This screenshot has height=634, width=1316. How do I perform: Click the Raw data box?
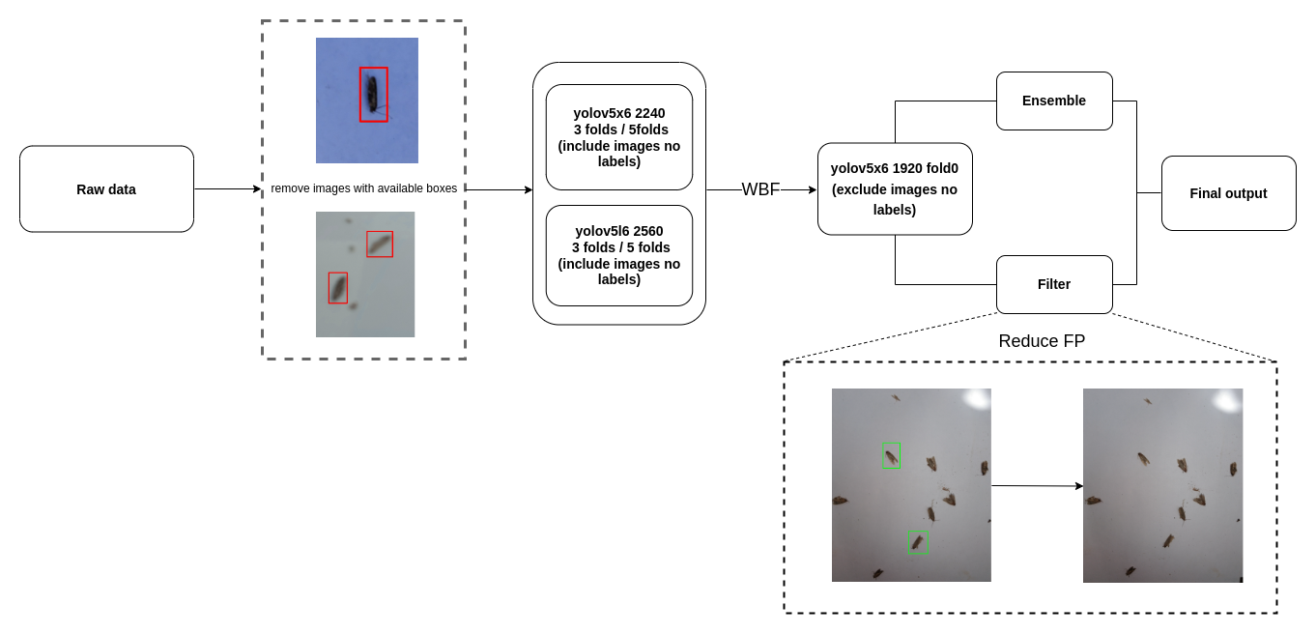pos(106,189)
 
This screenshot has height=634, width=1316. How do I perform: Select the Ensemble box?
pos(1054,101)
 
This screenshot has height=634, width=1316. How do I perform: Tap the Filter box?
pos(1054,284)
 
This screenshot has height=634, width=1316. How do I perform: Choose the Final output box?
pos(1228,193)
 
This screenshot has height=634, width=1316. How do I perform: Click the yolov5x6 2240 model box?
pos(619,137)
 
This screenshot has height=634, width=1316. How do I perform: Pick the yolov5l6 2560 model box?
pos(619,255)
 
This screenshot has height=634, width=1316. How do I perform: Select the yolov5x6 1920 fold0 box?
pos(895,189)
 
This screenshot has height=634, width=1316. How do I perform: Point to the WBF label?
pos(760,189)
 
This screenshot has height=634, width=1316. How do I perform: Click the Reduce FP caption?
pos(1042,341)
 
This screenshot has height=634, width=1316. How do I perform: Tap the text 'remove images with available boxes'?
pos(363,188)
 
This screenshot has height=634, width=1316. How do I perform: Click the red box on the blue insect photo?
pos(374,95)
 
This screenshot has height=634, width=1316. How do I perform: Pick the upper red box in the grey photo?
pos(380,244)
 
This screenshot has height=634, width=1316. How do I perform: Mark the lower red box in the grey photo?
pos(337,287)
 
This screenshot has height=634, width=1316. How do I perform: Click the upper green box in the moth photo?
pos(891,455)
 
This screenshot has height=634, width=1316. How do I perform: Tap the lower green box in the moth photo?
pos(918,542)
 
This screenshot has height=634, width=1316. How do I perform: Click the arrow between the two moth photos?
pos(1036,485)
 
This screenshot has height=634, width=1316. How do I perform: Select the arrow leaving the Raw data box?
pos(227,189)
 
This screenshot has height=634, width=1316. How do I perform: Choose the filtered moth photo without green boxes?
pos(1162,485)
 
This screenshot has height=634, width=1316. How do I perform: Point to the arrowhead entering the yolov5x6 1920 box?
pos(812,190)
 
